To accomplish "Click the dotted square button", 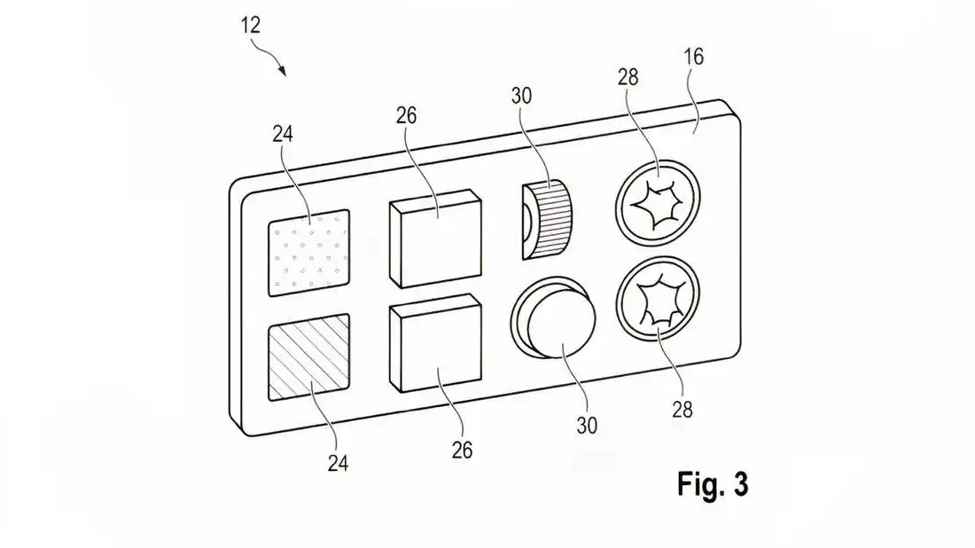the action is [309, 253].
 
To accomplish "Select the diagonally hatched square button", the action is [309, 357].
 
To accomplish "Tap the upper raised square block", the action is [435, 239].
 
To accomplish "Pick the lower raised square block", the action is [435, 343].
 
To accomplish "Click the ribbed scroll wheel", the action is [547, 220].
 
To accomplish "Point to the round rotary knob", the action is [553, 317].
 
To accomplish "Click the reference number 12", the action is [250, 26].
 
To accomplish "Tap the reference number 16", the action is [693, 58].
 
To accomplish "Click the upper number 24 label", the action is [283, 134].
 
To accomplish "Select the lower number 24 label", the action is [339, 464].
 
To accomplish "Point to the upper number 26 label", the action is [406, 115].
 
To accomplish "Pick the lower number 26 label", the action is [462, 450].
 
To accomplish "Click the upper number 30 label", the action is [522, 97].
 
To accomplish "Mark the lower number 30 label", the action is [587, 427].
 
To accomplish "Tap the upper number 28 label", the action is [628, 77].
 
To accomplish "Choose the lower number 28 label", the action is [682, 410].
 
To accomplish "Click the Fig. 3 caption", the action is [713, 484].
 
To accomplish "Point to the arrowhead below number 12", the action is [283, 72].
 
